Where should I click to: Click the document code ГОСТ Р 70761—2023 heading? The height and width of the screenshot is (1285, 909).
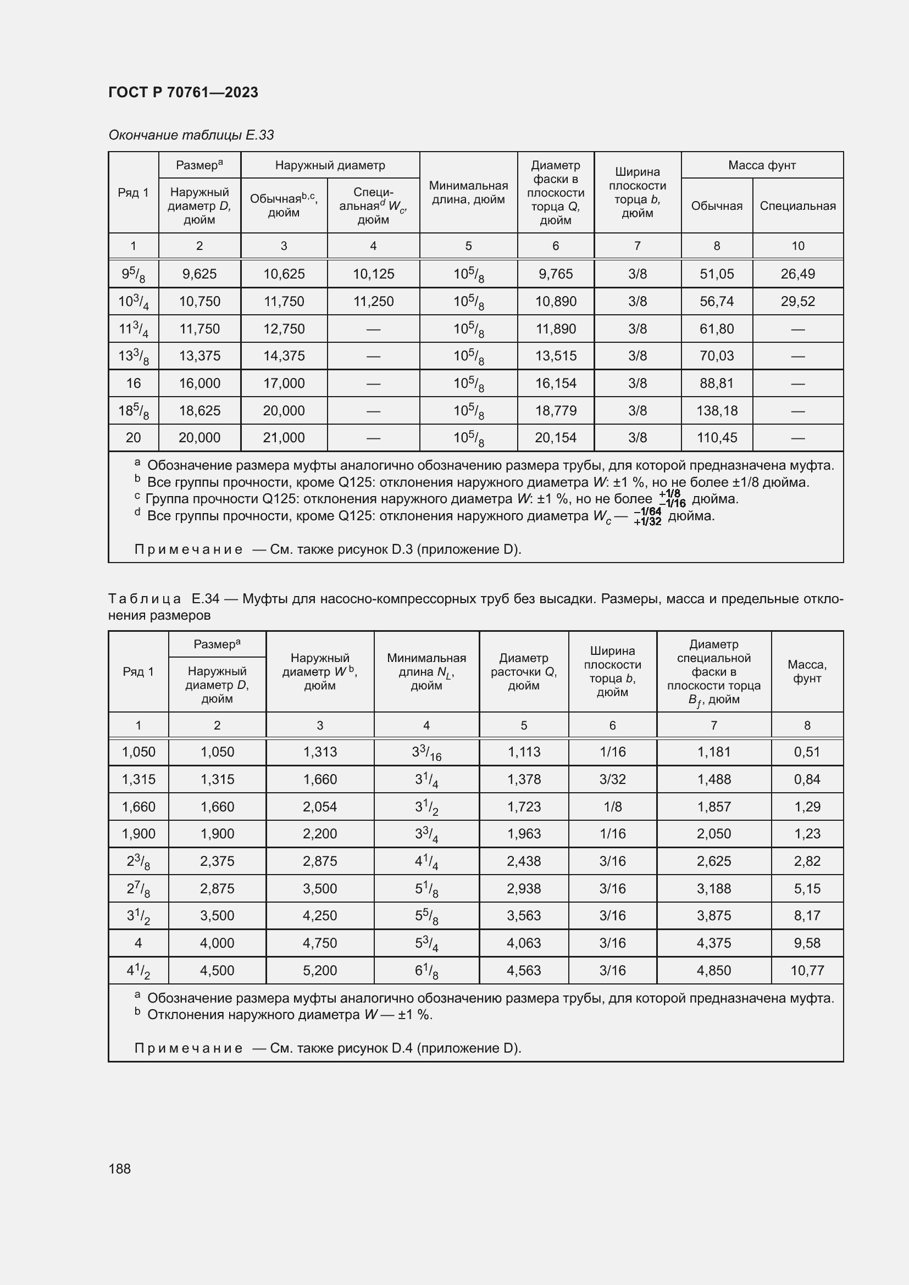183,92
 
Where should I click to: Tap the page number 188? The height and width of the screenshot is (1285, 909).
119,1169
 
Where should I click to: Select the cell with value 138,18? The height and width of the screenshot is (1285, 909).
717,410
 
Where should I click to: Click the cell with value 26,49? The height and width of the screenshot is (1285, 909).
797,274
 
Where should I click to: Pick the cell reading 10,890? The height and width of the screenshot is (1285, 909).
555,301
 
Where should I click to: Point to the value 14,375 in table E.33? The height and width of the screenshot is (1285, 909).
284,356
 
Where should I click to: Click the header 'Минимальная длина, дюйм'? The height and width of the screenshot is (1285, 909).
468,192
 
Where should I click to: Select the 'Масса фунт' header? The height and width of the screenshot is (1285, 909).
762,165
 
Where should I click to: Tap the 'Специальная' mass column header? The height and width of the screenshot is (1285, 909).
797,205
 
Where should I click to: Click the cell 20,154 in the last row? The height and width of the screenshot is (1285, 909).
555,438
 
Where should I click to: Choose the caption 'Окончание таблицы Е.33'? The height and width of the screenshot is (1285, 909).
191,135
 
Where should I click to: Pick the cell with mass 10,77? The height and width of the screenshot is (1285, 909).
807,970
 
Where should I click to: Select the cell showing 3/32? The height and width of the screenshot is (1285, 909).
612,779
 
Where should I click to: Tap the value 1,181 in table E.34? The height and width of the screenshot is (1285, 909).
714,752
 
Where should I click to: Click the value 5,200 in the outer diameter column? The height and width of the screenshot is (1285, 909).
320,970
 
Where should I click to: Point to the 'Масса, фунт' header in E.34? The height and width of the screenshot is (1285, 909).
807,671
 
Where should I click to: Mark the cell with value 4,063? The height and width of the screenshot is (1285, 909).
523,943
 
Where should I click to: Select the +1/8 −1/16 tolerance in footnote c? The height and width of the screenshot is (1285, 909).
671,499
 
